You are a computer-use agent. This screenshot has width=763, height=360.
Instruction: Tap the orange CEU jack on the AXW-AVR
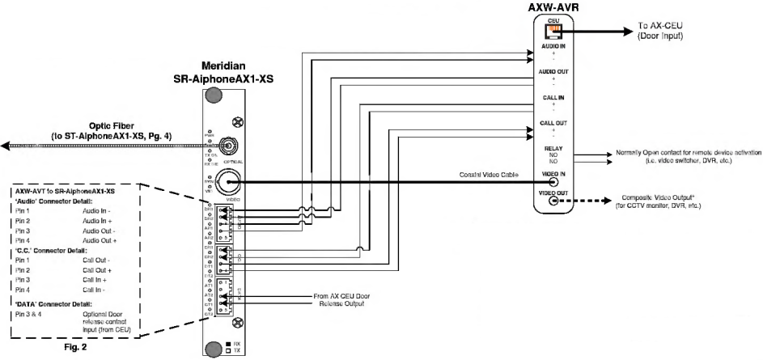pyautogui.click(x=553, y=32)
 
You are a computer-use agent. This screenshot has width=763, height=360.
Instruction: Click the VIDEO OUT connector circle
pyautogui.click(x=553, y=201)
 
